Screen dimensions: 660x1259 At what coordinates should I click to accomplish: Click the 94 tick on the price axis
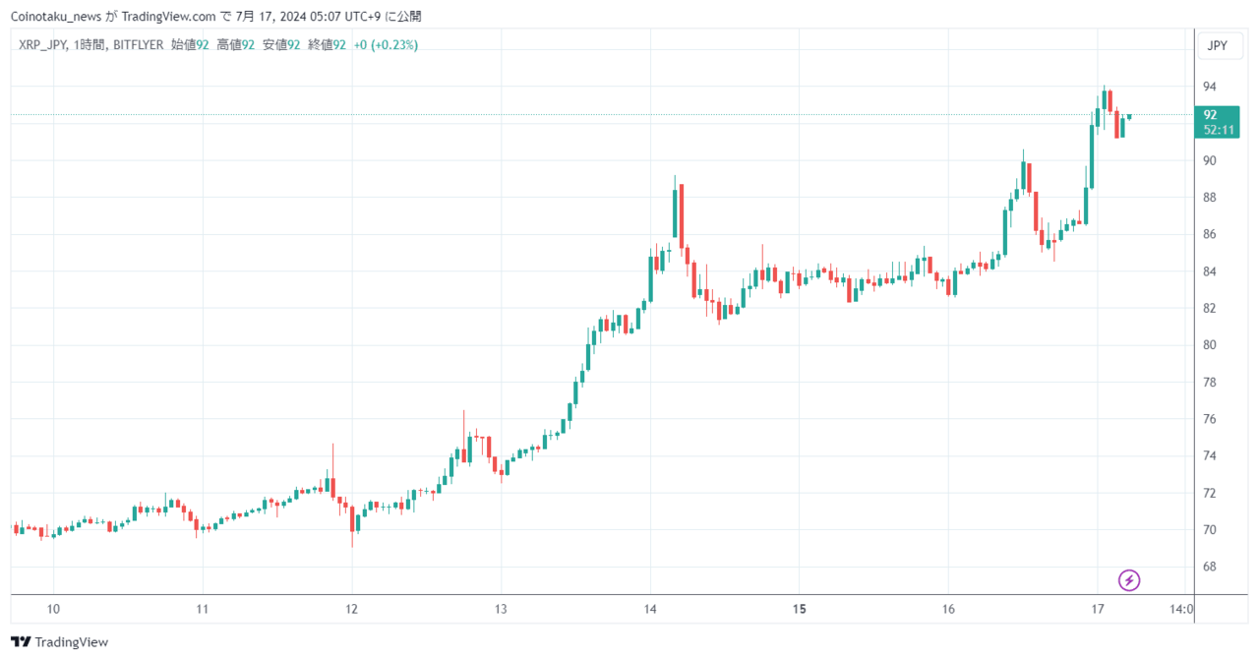pos(1210,87)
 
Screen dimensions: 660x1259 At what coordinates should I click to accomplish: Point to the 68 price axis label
pos(1210,567)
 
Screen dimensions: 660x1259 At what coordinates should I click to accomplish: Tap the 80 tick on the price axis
pos(1210,345)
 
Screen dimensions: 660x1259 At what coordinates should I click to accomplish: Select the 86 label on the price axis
pos(1210,234)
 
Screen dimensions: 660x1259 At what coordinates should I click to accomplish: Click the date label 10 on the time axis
pos(54,609)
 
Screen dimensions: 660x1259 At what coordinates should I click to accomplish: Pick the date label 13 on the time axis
pos(501,609)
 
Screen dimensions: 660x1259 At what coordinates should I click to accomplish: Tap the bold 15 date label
pos(800,609)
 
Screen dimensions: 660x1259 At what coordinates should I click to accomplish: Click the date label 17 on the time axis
pos(1098,609)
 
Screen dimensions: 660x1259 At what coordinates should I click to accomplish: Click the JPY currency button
pos(1217,45)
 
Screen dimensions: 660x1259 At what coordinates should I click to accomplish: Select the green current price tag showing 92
pos(1218,122)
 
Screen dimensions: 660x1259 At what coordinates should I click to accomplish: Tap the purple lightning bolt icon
pos(1130,579)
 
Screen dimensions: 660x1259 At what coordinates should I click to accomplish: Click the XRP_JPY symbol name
pos(42,45)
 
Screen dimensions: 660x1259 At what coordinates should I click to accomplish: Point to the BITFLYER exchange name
pos(138,45)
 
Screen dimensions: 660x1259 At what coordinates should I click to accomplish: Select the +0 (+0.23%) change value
pos(386,45)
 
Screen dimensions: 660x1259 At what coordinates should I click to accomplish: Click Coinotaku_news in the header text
pos(55,17)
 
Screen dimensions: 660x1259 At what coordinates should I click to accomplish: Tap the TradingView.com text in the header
pos(168,17)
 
